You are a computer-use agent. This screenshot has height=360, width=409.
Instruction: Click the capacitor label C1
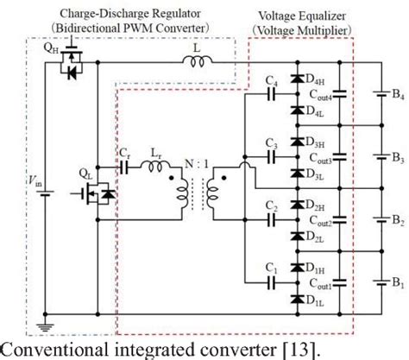[x=271, y=266]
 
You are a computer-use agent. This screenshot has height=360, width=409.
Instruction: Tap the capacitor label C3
[x=271, y=142]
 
